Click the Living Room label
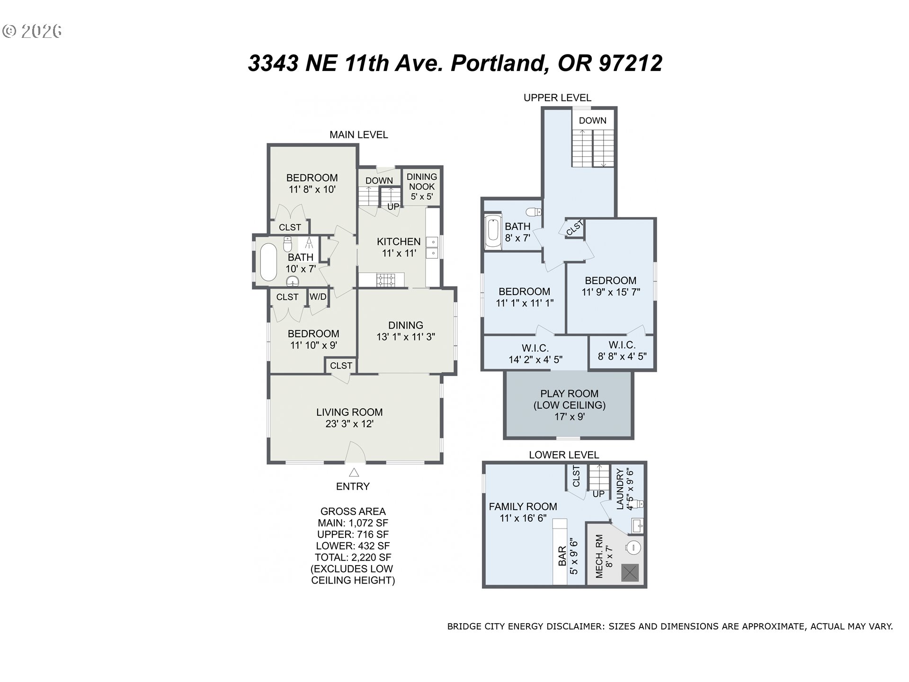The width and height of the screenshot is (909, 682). coord(349,412)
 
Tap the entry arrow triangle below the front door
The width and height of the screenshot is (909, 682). coord(354,472)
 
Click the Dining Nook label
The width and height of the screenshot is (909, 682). coord(422,181)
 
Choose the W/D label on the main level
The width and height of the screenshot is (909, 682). coord(318,297)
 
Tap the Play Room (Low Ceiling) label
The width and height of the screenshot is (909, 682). coord(570,399)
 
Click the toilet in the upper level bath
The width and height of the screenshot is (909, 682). coord(534,211)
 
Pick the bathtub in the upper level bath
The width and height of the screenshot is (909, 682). coord(493,232)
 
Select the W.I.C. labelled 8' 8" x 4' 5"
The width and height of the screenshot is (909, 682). coord(622,350)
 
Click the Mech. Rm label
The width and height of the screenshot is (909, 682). coord(599,556)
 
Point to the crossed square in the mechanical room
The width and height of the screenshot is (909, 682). coord(630,573)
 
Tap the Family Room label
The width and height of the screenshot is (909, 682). coord(523,506)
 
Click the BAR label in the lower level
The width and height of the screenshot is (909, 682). coord(562,556)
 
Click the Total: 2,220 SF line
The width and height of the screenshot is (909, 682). coord(353,557)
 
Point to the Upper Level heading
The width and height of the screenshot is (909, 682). coord(557,98)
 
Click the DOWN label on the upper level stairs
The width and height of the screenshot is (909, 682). coord(592,120)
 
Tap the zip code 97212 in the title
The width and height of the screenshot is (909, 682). coord(630,63)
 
